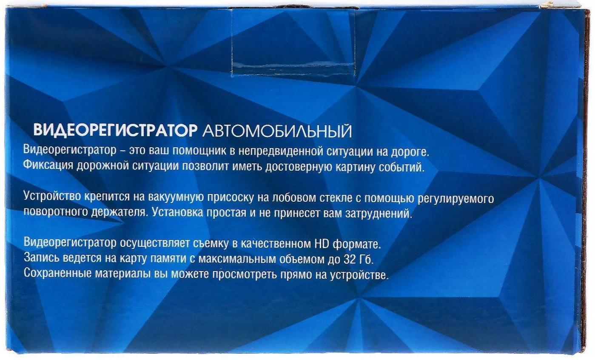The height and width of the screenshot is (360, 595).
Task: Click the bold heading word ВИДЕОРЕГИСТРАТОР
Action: [x=115, y=131]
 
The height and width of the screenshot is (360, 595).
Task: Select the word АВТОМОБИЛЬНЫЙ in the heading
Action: [x=277, y=131]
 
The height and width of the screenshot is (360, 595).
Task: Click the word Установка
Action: [x=177, y=212]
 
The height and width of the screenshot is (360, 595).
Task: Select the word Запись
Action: [x=42, y=259]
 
